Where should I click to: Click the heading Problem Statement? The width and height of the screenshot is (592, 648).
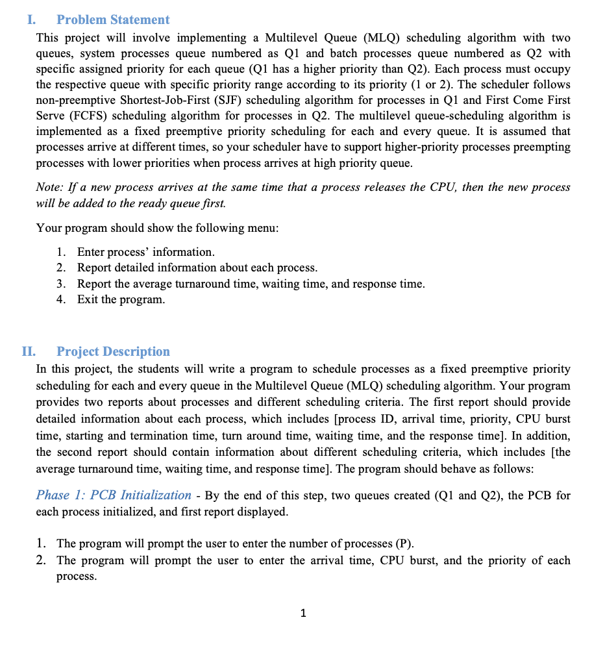click(113, 20)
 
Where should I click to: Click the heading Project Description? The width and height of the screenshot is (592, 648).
click(113, 352)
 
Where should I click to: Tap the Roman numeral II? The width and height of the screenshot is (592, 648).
click(29, 352)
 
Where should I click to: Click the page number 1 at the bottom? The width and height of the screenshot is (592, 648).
click(303, 613)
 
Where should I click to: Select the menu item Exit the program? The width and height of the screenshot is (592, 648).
click(121, 300)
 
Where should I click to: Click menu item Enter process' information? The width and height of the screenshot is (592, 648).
click(145, 252)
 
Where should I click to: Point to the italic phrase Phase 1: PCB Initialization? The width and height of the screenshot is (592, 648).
click(114, 495)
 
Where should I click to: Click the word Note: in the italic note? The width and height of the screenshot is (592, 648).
click(50, 188)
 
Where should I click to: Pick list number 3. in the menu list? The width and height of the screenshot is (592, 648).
click(61, 284)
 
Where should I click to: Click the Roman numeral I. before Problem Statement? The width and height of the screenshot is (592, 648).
click(31, 20)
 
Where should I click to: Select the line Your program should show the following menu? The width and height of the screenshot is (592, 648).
click(157, 228)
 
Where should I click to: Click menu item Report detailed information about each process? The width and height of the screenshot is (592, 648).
click(197, 268)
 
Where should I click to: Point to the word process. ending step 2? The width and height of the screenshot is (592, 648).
click(77, 577)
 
